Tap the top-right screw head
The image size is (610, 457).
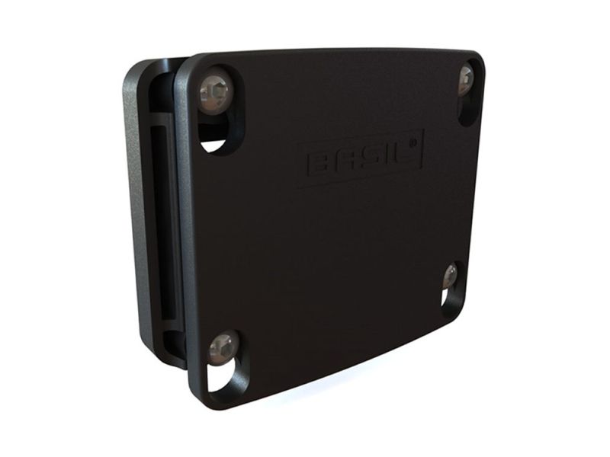[x=466, y=81]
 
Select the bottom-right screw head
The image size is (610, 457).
[x=451, y=276]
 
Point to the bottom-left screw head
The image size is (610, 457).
[x=223, y=349]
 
